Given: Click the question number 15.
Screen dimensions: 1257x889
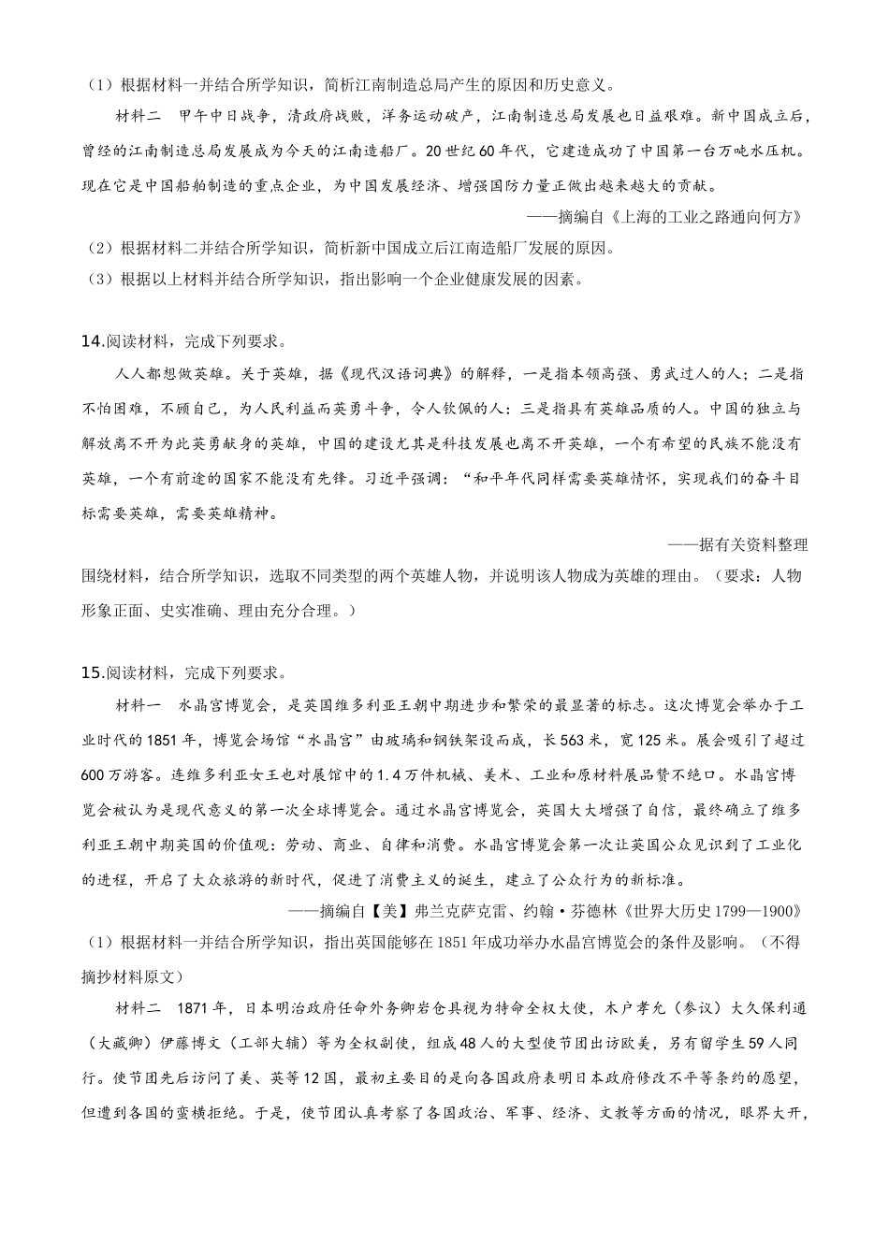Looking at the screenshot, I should click(93, 672).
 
